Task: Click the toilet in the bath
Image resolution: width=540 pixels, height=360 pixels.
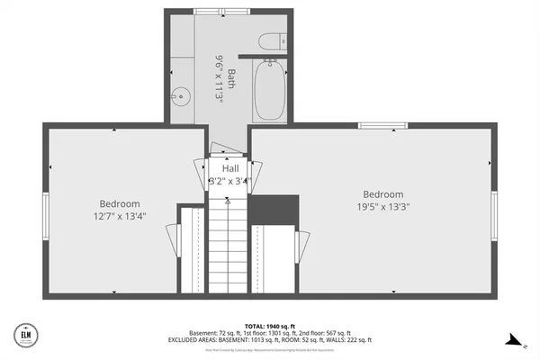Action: [x=271, y=41]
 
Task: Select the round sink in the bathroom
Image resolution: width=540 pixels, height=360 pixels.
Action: [x=180, y=95]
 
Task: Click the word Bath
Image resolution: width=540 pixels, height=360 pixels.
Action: [x=230, y=79]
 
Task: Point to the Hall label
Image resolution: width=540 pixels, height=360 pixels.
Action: [x=230, y=168]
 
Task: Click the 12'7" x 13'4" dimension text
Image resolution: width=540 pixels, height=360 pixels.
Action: [x=119, y=216]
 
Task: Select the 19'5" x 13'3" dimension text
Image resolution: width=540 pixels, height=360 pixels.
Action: [x=383, y=207]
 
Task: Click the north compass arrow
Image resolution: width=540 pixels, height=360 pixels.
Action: [x=514, y=340]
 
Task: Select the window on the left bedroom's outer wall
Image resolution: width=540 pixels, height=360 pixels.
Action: [x=44, y=213]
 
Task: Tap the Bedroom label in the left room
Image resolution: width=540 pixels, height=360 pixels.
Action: [x=118, y=203]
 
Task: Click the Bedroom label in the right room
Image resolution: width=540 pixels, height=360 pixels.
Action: [x=383, y=194]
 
